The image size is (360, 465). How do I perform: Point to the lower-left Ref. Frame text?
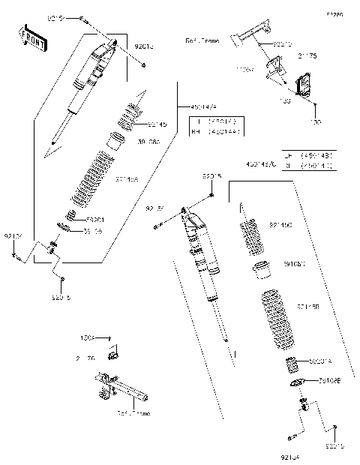[133, 412]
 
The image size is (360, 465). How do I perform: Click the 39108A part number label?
[147, 140]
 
